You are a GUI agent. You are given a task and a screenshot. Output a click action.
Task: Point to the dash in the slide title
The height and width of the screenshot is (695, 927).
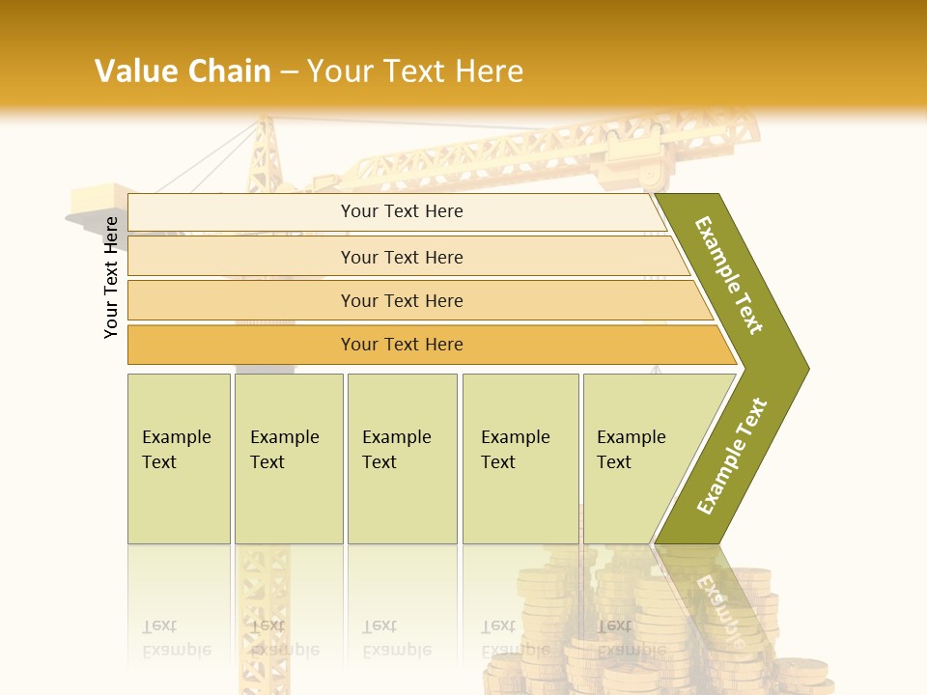point(289,72)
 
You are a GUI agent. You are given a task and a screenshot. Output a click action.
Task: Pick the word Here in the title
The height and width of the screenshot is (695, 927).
point(489,71)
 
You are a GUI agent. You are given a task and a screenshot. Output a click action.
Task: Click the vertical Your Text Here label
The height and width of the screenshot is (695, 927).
point(111,277)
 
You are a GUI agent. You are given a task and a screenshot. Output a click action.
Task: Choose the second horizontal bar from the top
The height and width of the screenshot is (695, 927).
point(402,257)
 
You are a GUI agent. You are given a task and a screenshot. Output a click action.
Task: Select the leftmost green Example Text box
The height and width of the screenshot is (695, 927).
point(179,459)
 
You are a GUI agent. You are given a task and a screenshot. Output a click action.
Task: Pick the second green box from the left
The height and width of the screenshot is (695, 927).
point(289,459)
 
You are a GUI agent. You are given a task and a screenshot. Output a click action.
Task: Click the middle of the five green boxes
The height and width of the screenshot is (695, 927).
point(402,459)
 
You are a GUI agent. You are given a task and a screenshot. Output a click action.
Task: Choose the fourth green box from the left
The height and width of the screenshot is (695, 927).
point(520,459)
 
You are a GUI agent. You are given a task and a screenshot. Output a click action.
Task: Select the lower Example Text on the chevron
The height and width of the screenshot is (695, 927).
point(732,456)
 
